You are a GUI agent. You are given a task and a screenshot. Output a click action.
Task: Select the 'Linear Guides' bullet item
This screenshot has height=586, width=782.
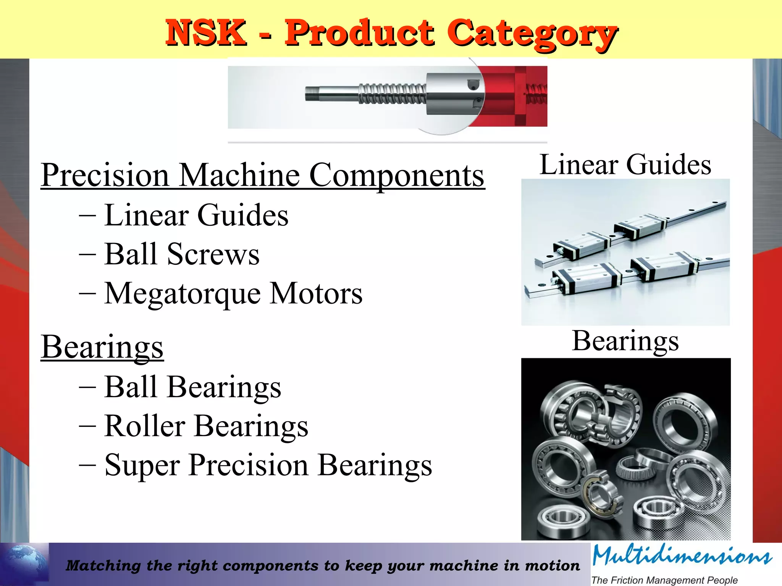coord(196,215)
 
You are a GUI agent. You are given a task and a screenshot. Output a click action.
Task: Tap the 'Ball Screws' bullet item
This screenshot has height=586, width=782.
coord(182,254)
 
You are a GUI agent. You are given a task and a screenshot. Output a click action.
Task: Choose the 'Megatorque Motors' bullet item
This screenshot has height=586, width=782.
coord(233,293)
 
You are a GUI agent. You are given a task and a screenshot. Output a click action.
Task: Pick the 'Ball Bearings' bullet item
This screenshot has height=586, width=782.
coord(193,387)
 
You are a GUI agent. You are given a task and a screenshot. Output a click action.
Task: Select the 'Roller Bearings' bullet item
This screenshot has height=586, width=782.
coord(206,426)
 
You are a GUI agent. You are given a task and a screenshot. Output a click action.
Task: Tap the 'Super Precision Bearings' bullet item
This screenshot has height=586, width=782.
coord(268,465)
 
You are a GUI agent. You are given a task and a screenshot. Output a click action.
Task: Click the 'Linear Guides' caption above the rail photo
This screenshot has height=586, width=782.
coord(625,164)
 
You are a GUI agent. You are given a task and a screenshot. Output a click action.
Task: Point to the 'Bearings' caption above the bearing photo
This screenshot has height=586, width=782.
coord(625,340)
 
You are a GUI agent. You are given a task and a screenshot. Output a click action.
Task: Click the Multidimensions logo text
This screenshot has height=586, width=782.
coord(682,556)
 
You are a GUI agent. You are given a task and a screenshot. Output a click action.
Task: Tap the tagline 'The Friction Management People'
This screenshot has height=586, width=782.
coord(664,580)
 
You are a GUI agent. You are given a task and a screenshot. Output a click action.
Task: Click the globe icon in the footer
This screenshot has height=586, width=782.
coord(24,564)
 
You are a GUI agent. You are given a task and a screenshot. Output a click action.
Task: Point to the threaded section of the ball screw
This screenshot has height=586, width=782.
coord(391,94)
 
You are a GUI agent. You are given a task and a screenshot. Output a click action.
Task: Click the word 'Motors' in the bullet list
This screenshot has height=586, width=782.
coord(316,293)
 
